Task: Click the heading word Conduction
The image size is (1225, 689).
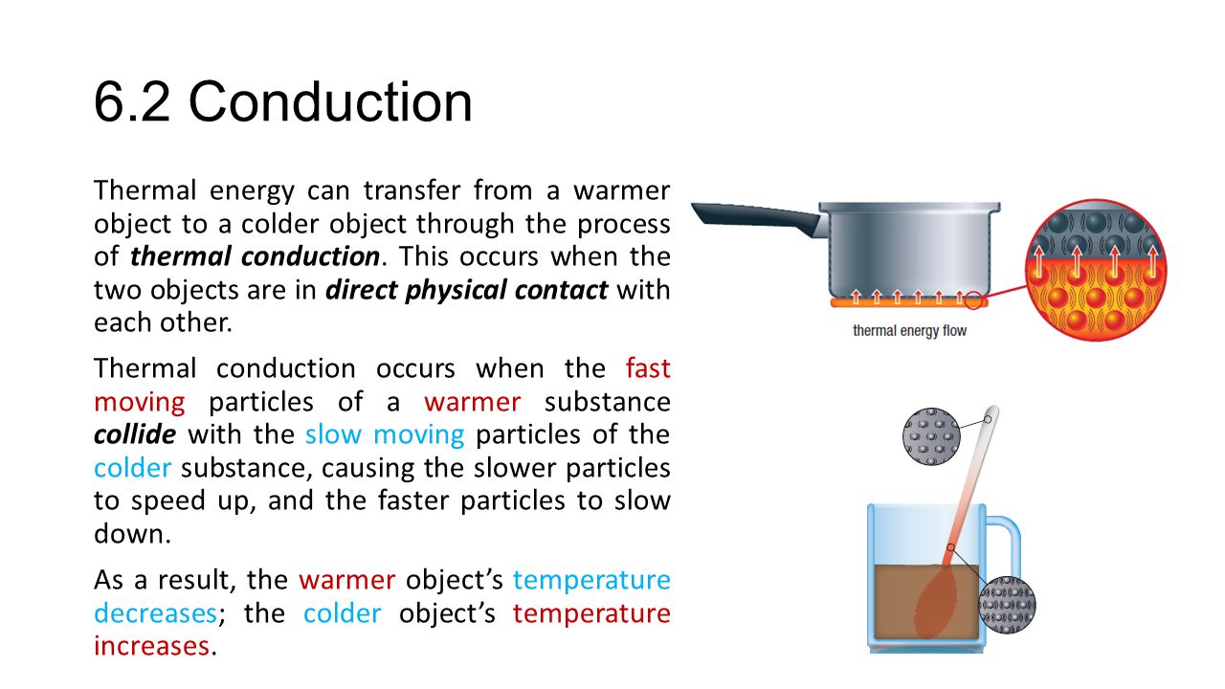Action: [330, 102]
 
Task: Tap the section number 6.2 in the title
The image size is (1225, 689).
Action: [132, 102]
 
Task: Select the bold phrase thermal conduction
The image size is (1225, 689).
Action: [255, 256]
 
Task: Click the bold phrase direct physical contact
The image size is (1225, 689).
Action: [466, 290]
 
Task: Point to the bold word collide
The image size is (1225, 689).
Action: [135, 434]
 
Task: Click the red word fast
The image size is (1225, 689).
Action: [648, 368]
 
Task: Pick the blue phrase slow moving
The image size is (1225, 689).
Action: [385, 434]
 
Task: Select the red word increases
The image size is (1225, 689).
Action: [151, 646]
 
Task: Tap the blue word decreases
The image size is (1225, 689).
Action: [156, 613]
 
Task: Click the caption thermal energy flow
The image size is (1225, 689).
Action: [909, 331]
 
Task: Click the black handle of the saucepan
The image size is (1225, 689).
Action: [757, 218]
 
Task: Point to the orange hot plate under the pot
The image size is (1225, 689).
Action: [909, 302]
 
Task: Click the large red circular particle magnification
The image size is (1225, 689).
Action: [1096, 270]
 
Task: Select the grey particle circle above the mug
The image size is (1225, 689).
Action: [931, 436]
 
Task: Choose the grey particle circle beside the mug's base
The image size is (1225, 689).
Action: [1007, 605]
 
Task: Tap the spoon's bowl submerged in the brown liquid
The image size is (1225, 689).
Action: [936, 602]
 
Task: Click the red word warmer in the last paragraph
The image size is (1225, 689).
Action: [346, 580]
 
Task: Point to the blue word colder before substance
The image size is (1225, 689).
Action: [132, 468]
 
